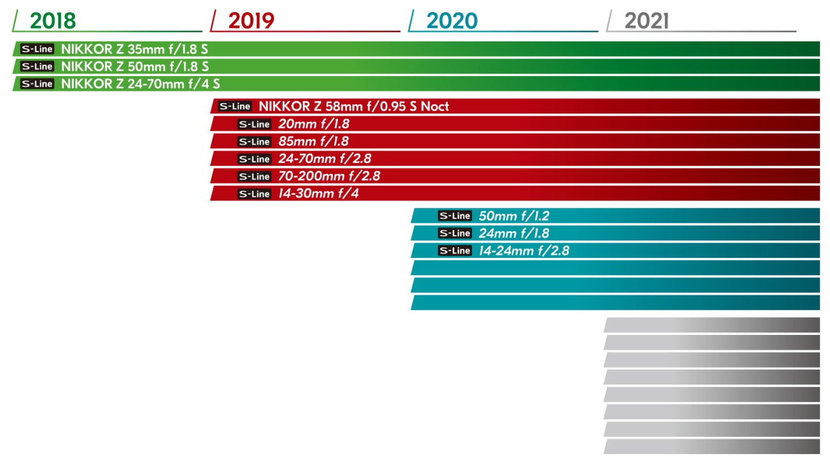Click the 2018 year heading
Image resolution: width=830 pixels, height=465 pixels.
(52, 21)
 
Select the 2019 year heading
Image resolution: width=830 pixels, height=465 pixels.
(251, 21)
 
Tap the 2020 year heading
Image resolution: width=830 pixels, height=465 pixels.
(452, 21)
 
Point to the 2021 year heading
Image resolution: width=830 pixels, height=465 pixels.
(646, 21)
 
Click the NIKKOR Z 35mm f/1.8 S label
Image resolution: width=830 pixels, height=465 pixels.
(134, 49)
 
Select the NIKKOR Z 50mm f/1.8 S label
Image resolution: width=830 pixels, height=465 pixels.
(135, 66)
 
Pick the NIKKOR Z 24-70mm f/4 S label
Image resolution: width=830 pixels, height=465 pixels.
(140, 83)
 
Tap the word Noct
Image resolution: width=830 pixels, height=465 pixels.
(435, 106)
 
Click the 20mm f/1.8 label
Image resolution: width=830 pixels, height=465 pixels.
(314, 124)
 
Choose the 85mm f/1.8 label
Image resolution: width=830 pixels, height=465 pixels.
(314, 141)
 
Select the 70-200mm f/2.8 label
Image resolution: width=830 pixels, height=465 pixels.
(329, 176)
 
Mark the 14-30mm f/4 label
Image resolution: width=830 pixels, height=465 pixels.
(318, 193)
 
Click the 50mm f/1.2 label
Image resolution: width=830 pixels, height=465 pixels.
(514, 216)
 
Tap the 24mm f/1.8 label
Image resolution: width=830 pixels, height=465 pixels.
(514, 233)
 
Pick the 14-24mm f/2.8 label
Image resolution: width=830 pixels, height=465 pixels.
(524, 250)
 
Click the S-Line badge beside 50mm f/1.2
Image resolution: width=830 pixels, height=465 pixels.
(455, 216)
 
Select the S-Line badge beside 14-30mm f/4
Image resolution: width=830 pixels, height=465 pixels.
(254, 194)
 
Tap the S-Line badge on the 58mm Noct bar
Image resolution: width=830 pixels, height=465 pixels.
(235, 106)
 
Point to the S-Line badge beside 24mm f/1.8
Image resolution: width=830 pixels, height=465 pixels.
(455, 233)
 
